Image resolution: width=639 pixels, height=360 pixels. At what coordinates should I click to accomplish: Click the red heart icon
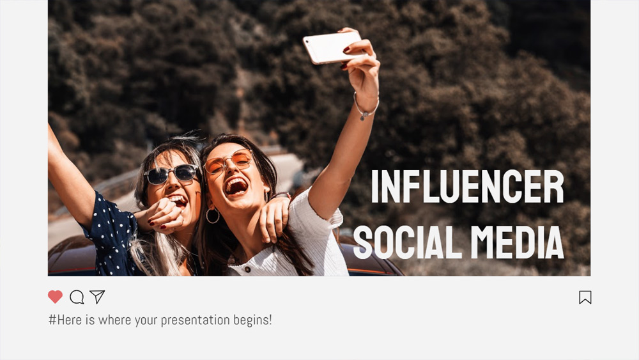tap(55, 297)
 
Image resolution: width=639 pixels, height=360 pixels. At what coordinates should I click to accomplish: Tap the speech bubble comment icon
tap(77, 297)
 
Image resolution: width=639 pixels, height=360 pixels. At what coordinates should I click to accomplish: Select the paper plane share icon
tap(97, 297)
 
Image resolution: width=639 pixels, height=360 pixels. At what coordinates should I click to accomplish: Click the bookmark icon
tap(585, 297)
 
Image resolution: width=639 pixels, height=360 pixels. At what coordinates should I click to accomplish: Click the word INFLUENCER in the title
tap(467, 187)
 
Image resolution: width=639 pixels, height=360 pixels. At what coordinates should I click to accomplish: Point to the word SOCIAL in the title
tap(408, 242)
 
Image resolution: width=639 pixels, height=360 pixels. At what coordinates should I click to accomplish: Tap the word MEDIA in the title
tap(517, 242)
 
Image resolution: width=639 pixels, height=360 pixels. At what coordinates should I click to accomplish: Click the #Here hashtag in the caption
tap(65, 320)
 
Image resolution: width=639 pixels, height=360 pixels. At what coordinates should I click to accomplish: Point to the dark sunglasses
tap(171, 174)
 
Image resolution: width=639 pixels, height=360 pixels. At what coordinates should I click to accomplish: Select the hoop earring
tap(213, 215)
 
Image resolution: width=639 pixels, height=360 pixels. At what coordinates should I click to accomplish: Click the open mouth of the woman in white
tap(236, 186)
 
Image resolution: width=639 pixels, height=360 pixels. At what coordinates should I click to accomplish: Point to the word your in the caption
tap(146, 320)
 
